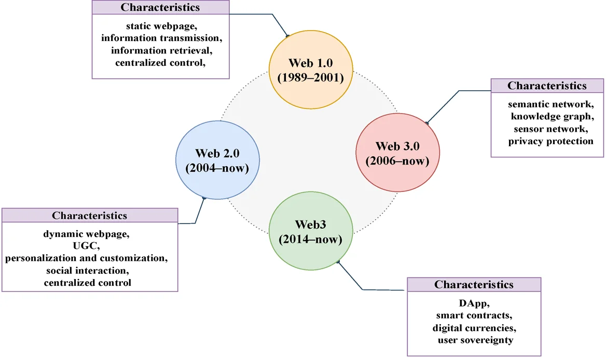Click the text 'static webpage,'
pos(160,25)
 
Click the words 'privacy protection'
pos(550,141)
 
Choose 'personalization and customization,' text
pos(87,258)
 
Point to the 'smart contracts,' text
pos(474,315)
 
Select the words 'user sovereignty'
pos(474,340)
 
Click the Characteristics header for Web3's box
pos(474,284)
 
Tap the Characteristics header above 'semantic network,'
pos(547,86)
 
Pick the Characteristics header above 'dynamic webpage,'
pos(89,215)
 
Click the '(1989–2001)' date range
pos(310,78)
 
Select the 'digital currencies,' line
pos(474,328)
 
